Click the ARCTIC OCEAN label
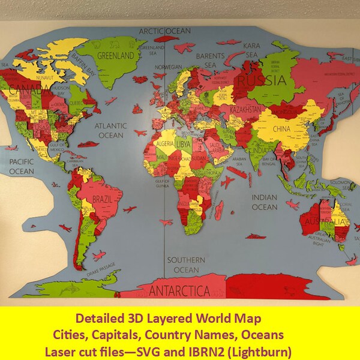(x=164, y=31)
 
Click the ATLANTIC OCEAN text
(x=110, y=131)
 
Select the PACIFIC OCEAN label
(x=22, y=167)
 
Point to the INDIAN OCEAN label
(x=264, y=202)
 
